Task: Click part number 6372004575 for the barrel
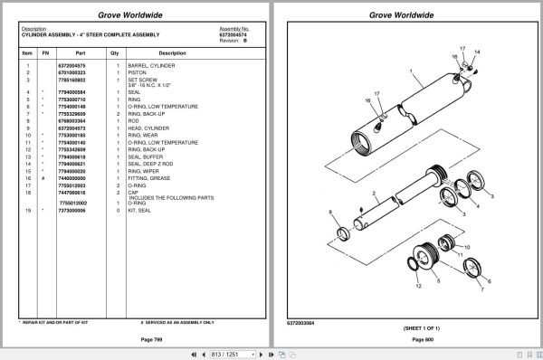pyautogui.click(x=72, y=66)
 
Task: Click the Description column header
pyautogui.click(x=172, y=53)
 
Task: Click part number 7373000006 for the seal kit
pyautogui.click(x=72, y=210)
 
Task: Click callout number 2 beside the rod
pyautogui.click(x=374, y=194)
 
